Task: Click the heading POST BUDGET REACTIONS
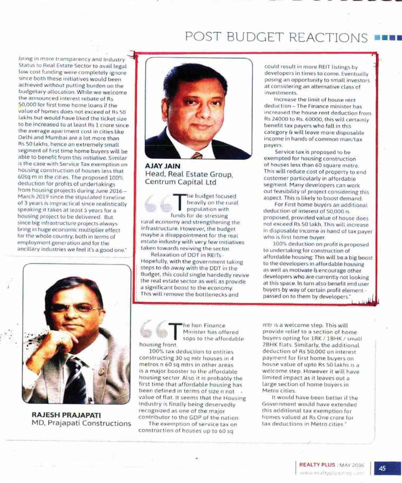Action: pyautogui.click(x=276, y=37)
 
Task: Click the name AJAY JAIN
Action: pyautogui.click(x=162, y=166)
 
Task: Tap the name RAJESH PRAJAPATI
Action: pyautogui.click(x=66, y=415)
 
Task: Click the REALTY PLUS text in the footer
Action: pyautogui.click(x=317, y=465)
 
